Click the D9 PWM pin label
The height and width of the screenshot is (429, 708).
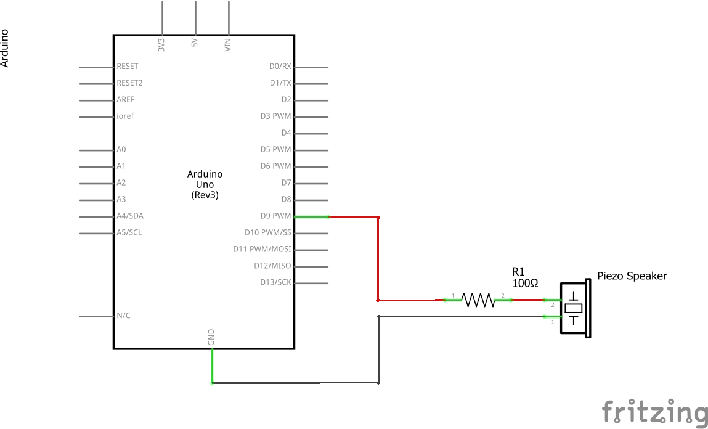pyautogui.click(x=275, y=216)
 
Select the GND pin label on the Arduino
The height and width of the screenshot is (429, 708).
pyautogui.click(x=211, y=337)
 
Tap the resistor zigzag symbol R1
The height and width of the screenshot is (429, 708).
pyautogui.click(x=478, y=300)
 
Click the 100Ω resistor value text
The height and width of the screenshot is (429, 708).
pyautogui.click(x=525, y=283)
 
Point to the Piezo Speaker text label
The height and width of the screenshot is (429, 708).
pyautogui.click(x=632, y=276)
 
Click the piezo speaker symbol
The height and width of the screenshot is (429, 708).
pyautogui.click(x=575, y=308)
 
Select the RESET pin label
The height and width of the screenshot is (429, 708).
pyautogui.click(x=128, y=67)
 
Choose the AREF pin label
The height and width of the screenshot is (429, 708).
pyautogui.click(x=126, y=100)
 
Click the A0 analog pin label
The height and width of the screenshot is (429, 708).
pyautogui.click(x=121, y=150)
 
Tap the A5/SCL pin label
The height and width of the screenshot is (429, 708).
pyautogui.click(x=129, y=233)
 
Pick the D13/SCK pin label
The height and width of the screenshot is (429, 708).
pyautogui.click(x=275, y=283)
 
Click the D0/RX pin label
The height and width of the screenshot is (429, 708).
pyautogui.click(x=280, y=67)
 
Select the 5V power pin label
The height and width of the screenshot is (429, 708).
pyautogui.click(x=195, y=44)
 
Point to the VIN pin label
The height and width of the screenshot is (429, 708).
pyautogui.click(x=228, y=44)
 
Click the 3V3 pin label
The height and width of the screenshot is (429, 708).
pyautogui.click(x=161, y=44)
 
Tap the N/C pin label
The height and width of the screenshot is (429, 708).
pyautogui.click(x=123, y=316)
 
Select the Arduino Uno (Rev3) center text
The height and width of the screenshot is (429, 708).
pyautogui.click(x=205, y=184)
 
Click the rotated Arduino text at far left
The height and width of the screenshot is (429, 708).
pyautogui.click(x=5, y=48)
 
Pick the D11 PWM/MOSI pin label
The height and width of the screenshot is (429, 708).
pyautogui.click(x=262, y=250)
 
